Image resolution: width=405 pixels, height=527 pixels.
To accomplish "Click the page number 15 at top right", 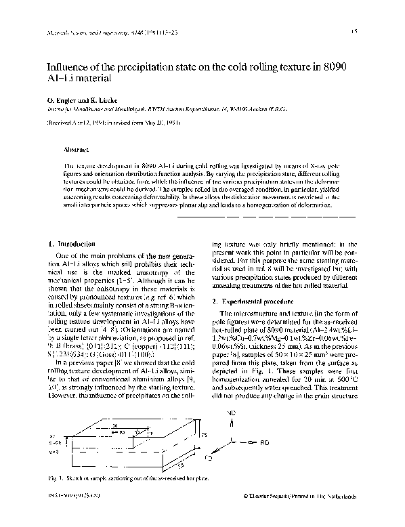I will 354,31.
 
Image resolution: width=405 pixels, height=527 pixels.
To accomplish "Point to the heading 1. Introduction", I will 71,243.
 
